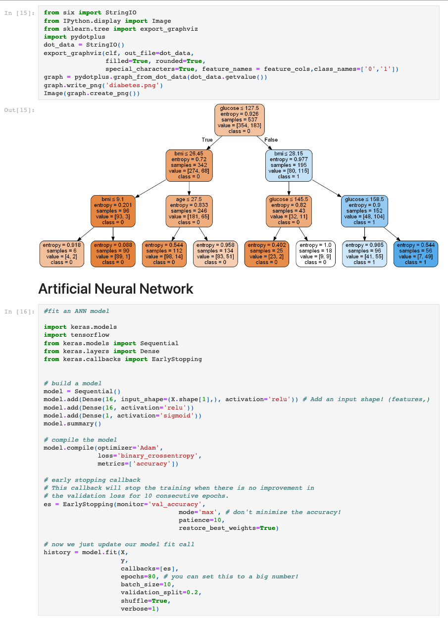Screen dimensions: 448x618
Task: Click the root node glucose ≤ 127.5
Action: coord(240,120)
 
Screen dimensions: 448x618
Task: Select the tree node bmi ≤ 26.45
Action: coord(189,165)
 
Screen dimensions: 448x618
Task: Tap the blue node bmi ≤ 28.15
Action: coord(289,165)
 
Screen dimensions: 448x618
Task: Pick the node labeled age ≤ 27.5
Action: coord(189,211)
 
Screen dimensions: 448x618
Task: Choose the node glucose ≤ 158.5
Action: coord(364,211)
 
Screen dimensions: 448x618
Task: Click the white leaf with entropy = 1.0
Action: coord(315,254)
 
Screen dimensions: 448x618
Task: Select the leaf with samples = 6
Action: coord(61,254)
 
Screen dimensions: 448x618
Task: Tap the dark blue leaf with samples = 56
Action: coord(415,254)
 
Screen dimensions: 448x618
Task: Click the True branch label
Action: coord(207,140)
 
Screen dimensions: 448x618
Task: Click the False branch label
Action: coord(271,140)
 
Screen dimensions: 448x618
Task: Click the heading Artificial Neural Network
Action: coord(115,289)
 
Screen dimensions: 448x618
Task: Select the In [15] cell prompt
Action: coord(19,13)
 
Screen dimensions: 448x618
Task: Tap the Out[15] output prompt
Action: coord(19,110)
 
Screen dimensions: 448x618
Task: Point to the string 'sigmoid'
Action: coord(177,415)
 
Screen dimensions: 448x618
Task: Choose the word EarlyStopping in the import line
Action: coord(177,359)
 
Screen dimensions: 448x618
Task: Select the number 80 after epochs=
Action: coord(151,576)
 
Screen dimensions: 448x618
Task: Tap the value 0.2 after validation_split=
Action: coord(192,592)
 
